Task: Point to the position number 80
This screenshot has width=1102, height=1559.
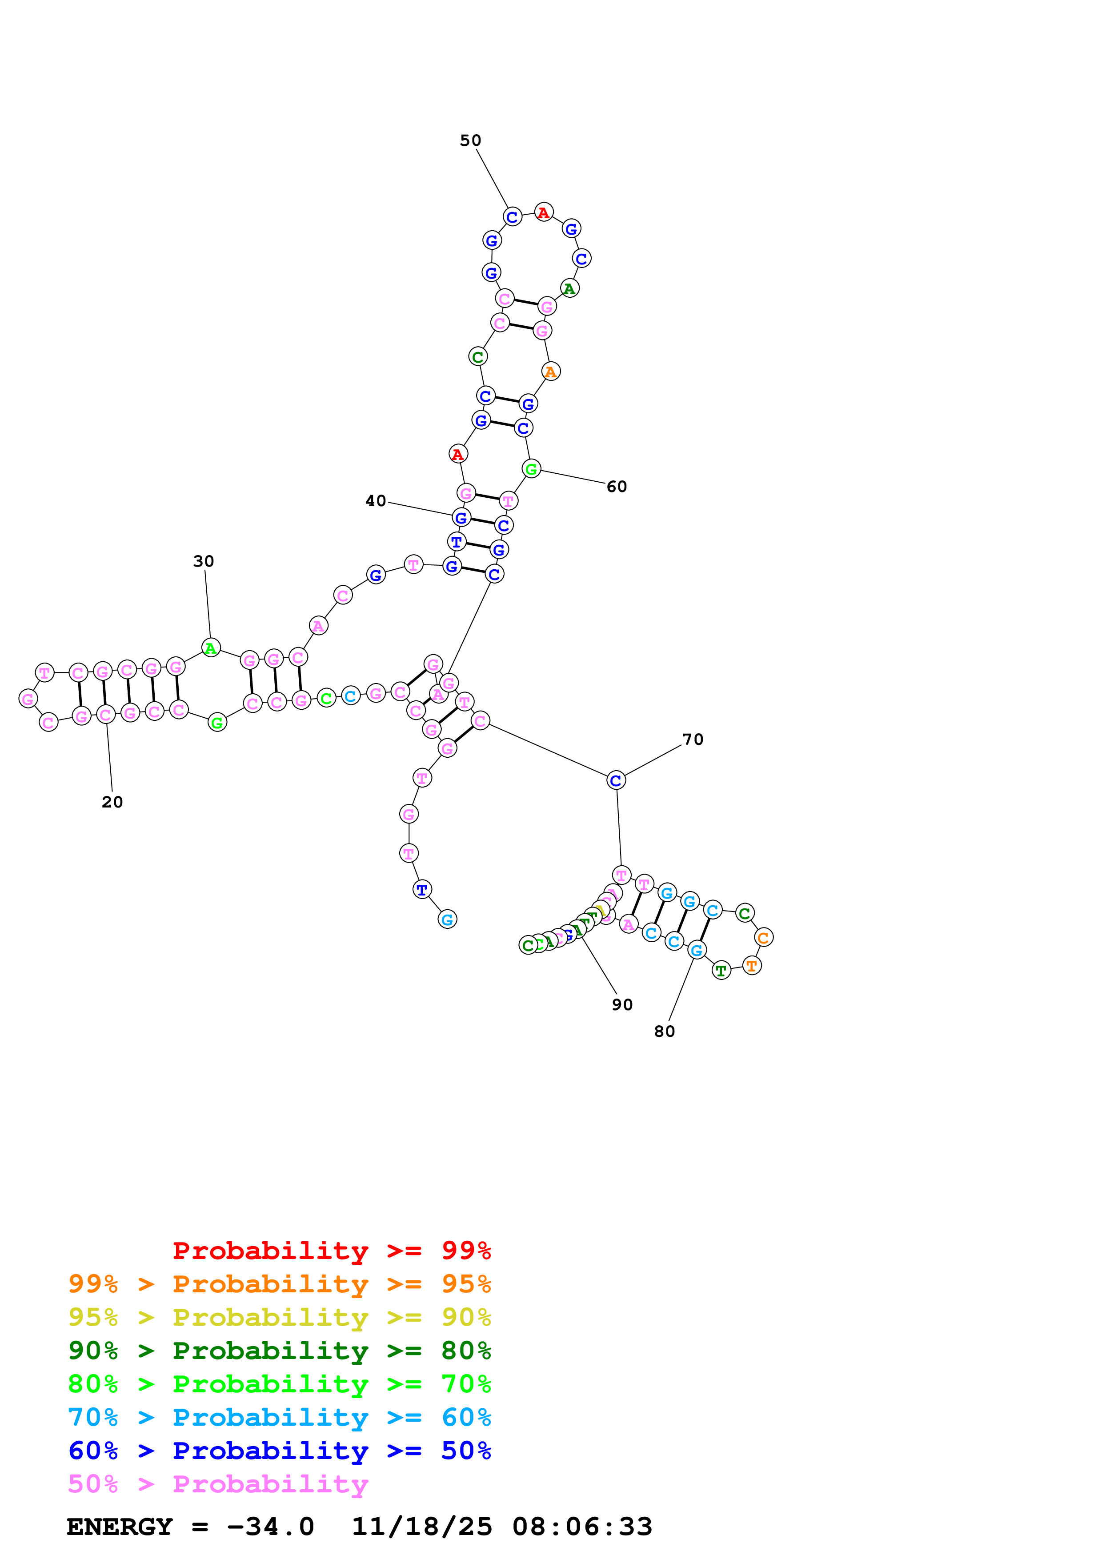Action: point(664,1031)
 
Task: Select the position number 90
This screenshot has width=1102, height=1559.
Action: point(622,1005)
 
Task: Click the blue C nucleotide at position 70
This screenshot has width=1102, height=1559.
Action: point(616,781)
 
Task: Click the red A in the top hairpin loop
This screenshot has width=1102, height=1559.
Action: point(543,212)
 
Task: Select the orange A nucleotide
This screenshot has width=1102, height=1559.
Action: point(551,372)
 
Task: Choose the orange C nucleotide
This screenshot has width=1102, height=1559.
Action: point(763,938)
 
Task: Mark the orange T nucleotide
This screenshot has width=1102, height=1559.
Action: point(752,966)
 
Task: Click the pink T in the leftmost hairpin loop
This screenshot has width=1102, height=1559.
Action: point(45,673)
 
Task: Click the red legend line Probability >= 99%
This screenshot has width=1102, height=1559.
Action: point(331,1251)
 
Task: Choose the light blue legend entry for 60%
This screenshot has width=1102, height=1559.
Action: point(280,1417)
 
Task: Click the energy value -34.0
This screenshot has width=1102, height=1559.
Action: point(270,1527)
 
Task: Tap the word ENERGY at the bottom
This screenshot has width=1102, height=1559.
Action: point(120,1527)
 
